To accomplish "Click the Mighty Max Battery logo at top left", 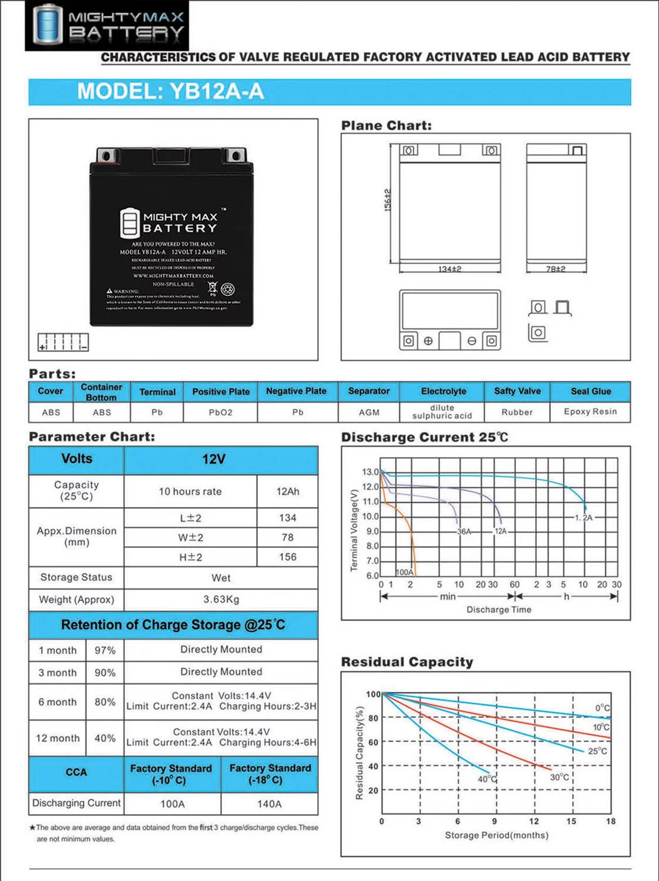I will [107, 25].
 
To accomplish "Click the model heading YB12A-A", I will [170, 92].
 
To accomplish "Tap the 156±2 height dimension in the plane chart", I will [388, 200].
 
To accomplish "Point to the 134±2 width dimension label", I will [450, 269].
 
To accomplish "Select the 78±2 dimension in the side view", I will [556, 269].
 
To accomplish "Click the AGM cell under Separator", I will [369, 412].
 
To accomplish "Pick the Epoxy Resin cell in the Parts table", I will [590, 412].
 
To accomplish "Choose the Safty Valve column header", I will [517, 391].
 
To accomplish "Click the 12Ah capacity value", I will [288, 492].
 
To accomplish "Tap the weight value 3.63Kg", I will [221, 600].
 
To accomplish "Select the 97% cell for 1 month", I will [105, 650].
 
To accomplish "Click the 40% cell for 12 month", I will [105, 738].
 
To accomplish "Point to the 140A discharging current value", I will [269, 804].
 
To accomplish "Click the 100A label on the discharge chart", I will [405, 572].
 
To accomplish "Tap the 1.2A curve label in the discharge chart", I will [584, 518].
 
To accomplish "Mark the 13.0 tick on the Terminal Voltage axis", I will [370, 472].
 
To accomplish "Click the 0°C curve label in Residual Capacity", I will [603, 708].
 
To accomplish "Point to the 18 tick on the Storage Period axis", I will [611, 821].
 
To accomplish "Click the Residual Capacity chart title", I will [407, 662].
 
